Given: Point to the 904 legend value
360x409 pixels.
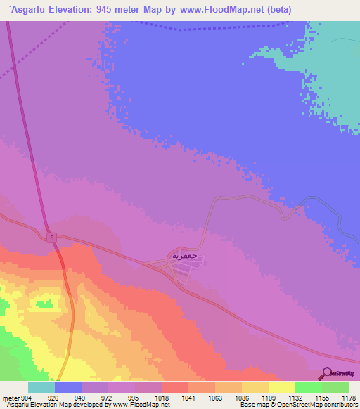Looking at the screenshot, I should pos(27,398).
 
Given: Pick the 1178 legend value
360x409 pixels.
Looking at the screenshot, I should pos(349,398).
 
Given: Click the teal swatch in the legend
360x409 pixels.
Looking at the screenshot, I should pos(41,387).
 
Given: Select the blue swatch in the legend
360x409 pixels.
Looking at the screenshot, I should pos(67,387).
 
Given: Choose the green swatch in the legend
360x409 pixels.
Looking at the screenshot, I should pos(308,387).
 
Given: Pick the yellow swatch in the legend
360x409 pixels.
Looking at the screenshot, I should pos(281,387).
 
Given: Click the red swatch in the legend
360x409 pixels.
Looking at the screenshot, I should pos(174,387).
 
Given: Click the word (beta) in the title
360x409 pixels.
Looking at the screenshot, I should pos(274,10).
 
